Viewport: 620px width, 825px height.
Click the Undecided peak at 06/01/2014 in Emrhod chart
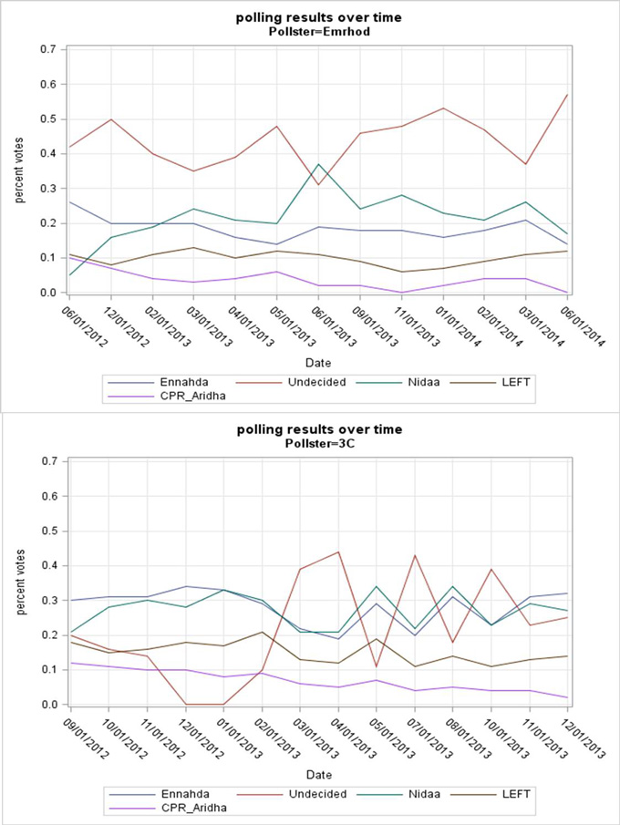[569, 95]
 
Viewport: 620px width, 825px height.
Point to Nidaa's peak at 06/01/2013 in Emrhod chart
[319, 164]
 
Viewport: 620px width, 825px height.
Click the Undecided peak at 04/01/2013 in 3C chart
[339, 552]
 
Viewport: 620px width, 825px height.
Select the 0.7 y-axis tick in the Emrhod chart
[51, 49]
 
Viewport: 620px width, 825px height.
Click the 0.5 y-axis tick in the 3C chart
[51, 531]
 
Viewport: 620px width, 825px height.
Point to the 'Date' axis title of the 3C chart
[319, 774]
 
